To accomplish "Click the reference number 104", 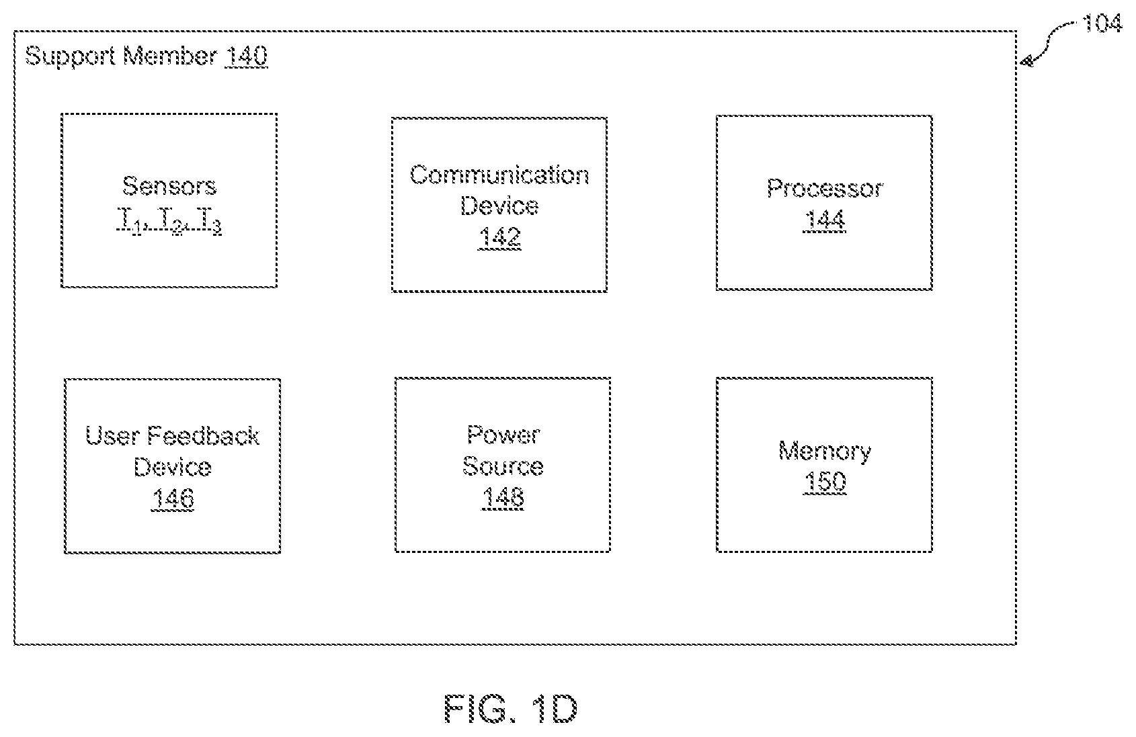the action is pos(1102,24).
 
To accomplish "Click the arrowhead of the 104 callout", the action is pos(1026,62).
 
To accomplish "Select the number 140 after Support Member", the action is pos(247,56).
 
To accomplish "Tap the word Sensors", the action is pos(169,186).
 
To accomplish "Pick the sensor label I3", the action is pos(211,220).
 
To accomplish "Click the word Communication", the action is pos(499,175).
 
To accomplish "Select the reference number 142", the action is pos(499,236).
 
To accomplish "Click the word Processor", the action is pos(825,189).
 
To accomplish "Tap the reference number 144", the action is pos(825,220).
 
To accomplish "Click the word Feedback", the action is pos(204,436).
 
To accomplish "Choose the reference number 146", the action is pos(173,498).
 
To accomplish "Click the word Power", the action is pos(503,435).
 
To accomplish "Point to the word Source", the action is pos(503,466).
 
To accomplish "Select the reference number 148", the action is pos(503,497).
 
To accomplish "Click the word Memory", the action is pos(825,451).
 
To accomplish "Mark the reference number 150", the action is pos(825,482).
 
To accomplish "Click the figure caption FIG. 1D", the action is pos(511,709).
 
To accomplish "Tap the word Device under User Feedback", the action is pos(173,467).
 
